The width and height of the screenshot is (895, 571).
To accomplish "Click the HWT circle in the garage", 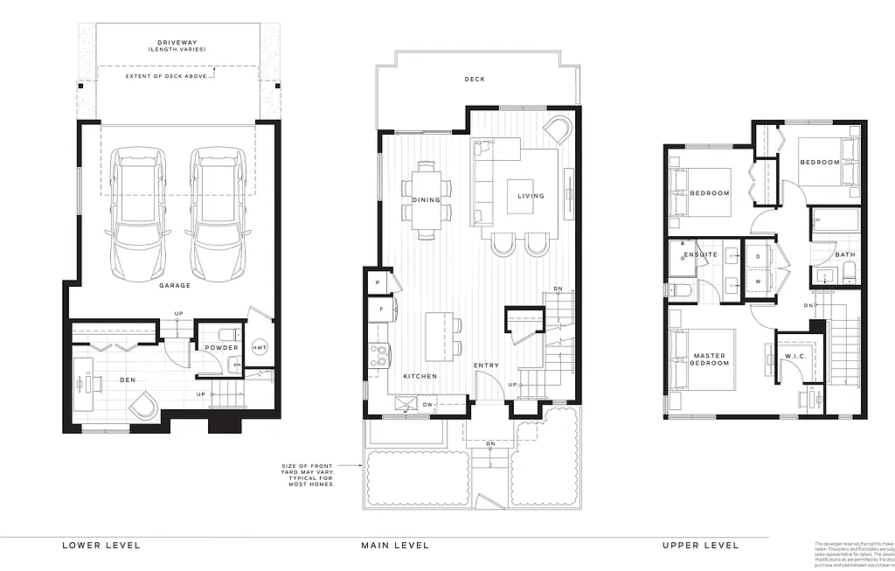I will [260, 347].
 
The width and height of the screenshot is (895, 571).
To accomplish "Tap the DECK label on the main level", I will [475, 80].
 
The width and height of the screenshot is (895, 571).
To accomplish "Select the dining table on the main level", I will [427, 200].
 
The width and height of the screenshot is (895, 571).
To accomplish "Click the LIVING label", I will [531, 196].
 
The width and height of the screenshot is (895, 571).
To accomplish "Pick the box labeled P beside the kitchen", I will [376, 283].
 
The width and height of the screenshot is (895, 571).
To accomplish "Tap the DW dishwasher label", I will [428, 405].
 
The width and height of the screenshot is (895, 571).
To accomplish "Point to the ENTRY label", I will [487, 366].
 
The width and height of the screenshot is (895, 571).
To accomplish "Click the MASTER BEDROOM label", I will [710, 359].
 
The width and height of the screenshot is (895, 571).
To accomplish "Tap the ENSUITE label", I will [700, 255].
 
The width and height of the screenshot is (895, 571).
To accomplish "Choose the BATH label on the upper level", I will [844, 255].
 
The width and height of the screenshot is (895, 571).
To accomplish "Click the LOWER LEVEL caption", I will [101, 546].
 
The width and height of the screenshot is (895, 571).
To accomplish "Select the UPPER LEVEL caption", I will [700, 546].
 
